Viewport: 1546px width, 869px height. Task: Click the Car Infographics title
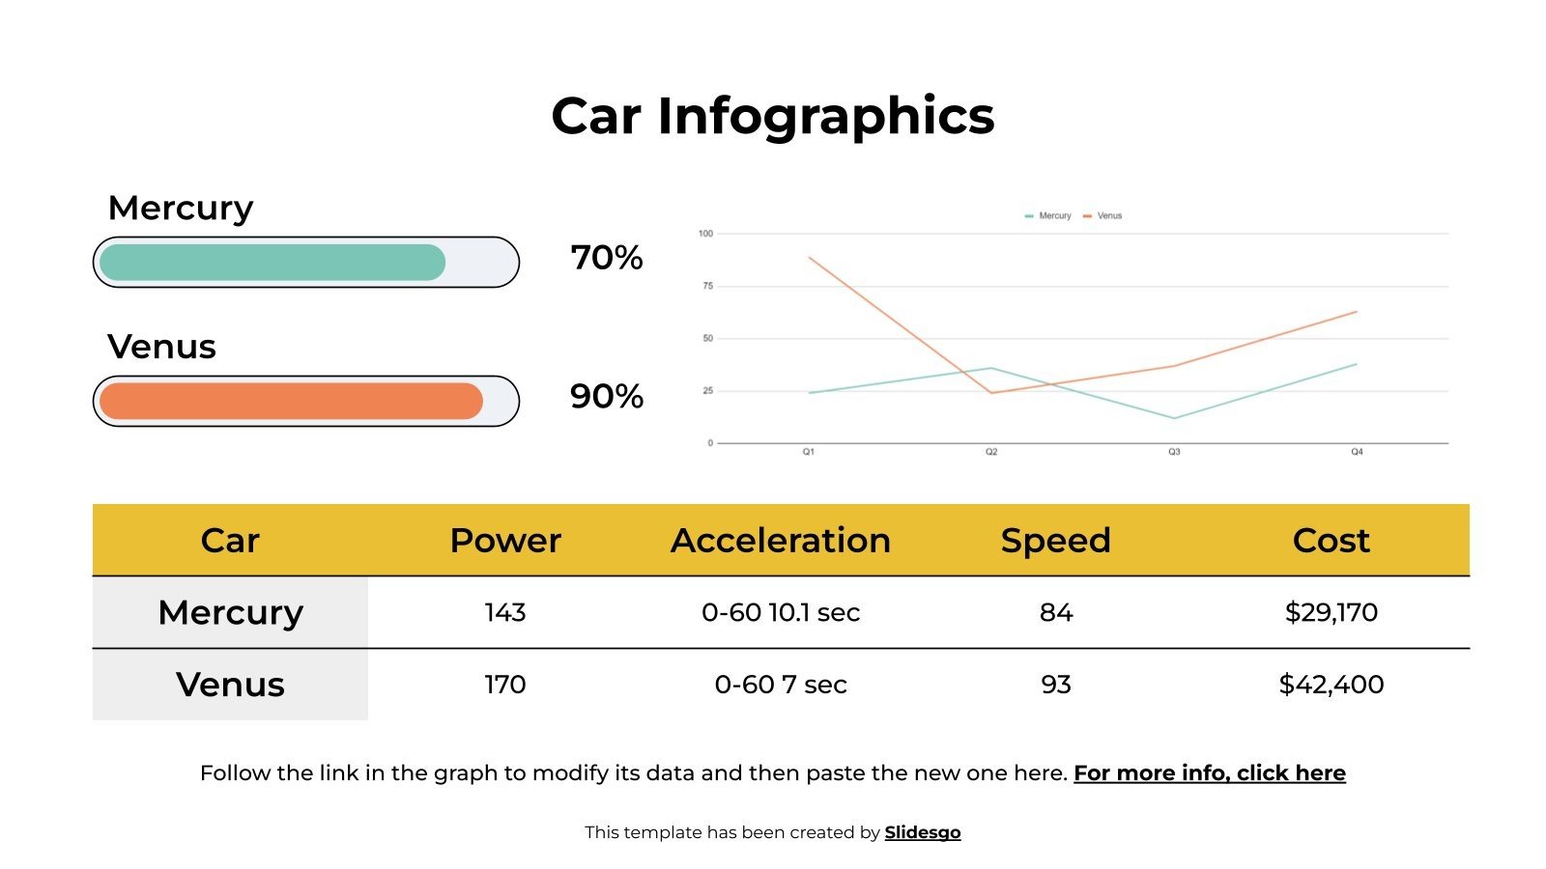(772, 117)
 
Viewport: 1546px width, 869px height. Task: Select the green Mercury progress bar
(272, 263)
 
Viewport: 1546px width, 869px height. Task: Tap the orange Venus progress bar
(291, 402)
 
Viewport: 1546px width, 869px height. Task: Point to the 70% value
(607, 258)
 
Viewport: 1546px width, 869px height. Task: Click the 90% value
(607, 397)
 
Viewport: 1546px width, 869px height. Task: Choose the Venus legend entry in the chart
(1103, 216)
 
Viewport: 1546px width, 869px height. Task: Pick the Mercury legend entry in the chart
(1049, 216)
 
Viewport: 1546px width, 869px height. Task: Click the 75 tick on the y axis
(707, 286)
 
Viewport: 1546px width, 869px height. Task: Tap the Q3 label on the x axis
(1174, 452)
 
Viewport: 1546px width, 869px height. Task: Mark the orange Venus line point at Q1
(810, 258)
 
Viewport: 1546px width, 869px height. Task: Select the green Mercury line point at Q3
(1174, 418)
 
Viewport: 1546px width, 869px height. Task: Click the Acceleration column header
(781, 541)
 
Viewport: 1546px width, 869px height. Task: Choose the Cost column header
(1331, 541)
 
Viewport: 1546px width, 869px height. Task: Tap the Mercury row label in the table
(231, 613)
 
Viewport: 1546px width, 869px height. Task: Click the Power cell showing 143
(505, 613)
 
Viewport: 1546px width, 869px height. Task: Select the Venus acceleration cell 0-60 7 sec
(781, 685)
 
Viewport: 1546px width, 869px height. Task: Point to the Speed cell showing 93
(1056, 685)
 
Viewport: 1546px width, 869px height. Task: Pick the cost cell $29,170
(1331, 613)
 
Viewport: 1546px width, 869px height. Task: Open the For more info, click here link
(1209, 773)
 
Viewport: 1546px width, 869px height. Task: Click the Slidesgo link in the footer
(923, 832)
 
